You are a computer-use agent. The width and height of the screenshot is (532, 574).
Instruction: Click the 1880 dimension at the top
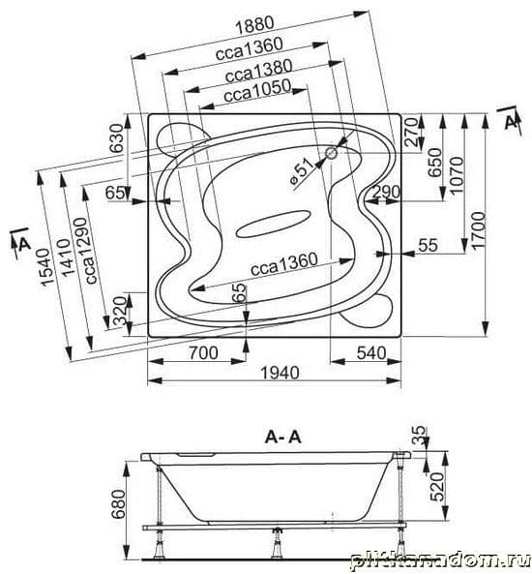[x=254, y=25]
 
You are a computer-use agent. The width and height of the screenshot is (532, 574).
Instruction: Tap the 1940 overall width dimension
[x=280, y=373]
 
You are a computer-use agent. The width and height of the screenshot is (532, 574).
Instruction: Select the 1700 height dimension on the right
[x=479, y=229]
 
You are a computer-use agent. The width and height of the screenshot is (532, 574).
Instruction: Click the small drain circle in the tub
[x=332, y=153]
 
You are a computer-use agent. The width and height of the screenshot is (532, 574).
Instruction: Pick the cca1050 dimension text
[x=257, y=91]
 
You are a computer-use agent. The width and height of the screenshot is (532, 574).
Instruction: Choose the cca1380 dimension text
[x=258, y=71]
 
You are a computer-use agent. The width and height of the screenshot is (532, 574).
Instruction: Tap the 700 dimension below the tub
[x=203, y=353]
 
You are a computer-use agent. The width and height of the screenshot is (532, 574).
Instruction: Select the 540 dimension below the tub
[x=371, y=353]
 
